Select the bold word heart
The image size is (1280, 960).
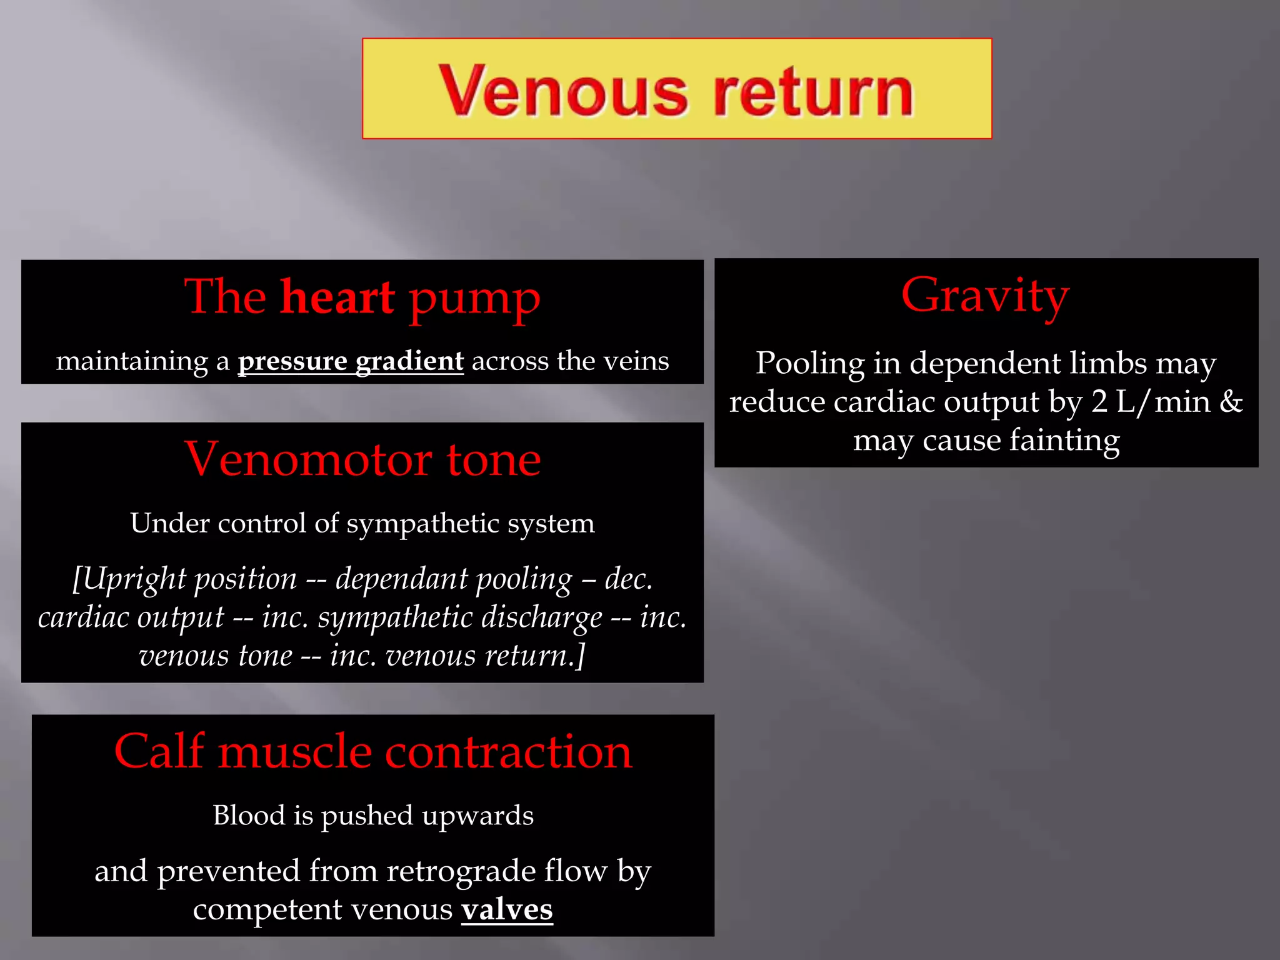tap(337, 297)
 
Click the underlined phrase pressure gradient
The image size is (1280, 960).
tap(351, 361)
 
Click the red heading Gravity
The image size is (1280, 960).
tap(985, 296)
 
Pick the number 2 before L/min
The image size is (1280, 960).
tap(1099, 402)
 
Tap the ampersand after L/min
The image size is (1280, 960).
tap(1231, 402)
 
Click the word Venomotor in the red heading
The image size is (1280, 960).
tap(307, 459)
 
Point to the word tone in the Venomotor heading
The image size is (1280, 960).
tap(494, 459)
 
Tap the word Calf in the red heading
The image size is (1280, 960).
tap(159, 751)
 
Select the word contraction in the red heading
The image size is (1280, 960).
tap(509, 751)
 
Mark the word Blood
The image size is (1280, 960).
tap(248, 816)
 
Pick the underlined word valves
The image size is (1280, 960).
tap(507, 910)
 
